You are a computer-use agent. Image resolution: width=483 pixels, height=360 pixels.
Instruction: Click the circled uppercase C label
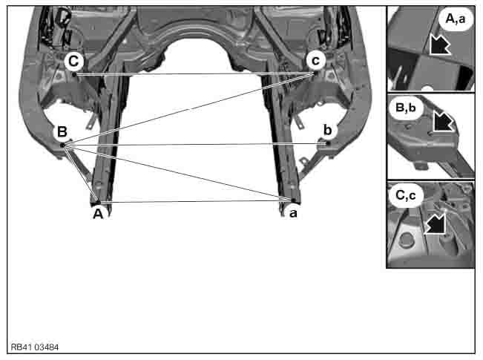(x=73, y=60)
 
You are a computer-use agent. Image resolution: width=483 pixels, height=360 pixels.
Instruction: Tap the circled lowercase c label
(x=316, y=59)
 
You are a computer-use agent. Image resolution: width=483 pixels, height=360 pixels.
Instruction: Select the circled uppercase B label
(x=62, y=132)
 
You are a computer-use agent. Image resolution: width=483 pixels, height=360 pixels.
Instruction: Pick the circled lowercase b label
(x=327, y=131)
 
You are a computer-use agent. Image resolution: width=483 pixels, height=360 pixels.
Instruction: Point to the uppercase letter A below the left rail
(x=96, y=214)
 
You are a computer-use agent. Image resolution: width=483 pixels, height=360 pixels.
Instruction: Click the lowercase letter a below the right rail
(x=293, y=213)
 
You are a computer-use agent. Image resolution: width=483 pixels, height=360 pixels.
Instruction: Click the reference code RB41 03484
(x=36, y=347)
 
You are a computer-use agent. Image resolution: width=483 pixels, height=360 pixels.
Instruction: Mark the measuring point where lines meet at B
(x=62, y=145)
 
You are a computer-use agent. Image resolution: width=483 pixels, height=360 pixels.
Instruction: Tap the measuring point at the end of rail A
(x=97, y=201)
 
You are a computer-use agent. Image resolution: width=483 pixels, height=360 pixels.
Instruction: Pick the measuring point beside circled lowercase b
(x=327, y=143)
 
